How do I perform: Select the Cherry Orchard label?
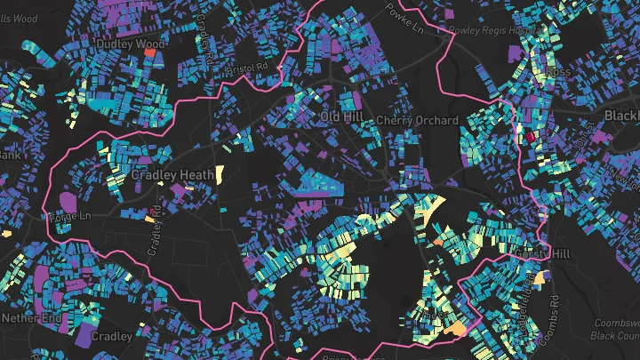pyautogui.click(x=418, y=120)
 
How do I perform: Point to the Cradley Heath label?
pyautogui.click(x=172, y=175)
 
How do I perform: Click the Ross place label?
pyautogui.click(x=558, y=71)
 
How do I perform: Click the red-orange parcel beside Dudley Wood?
pyautogui.click(x=149, y=52)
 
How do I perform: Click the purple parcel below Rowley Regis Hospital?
pyautogui.click(x=515, y=54)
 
